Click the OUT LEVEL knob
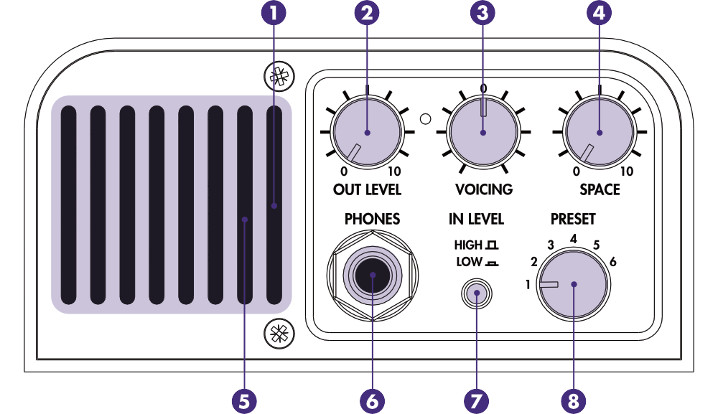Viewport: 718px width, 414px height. point(367,133)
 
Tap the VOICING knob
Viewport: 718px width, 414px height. point(482,133)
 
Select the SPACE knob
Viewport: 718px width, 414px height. point(600,133)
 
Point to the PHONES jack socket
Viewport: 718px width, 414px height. point(370,277)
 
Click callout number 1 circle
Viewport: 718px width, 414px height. point(274,13)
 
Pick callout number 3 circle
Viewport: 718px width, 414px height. point(482,13)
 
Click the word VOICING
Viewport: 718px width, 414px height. point(484,190)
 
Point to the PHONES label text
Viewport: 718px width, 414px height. point(372,219)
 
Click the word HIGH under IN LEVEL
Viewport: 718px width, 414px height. point(468,245)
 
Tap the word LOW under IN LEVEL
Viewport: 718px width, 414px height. point(469,262)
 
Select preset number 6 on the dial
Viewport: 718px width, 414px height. point(612,262)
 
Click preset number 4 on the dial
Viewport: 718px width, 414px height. point(574,238)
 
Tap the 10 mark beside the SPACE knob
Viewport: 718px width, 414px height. point(627,172)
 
